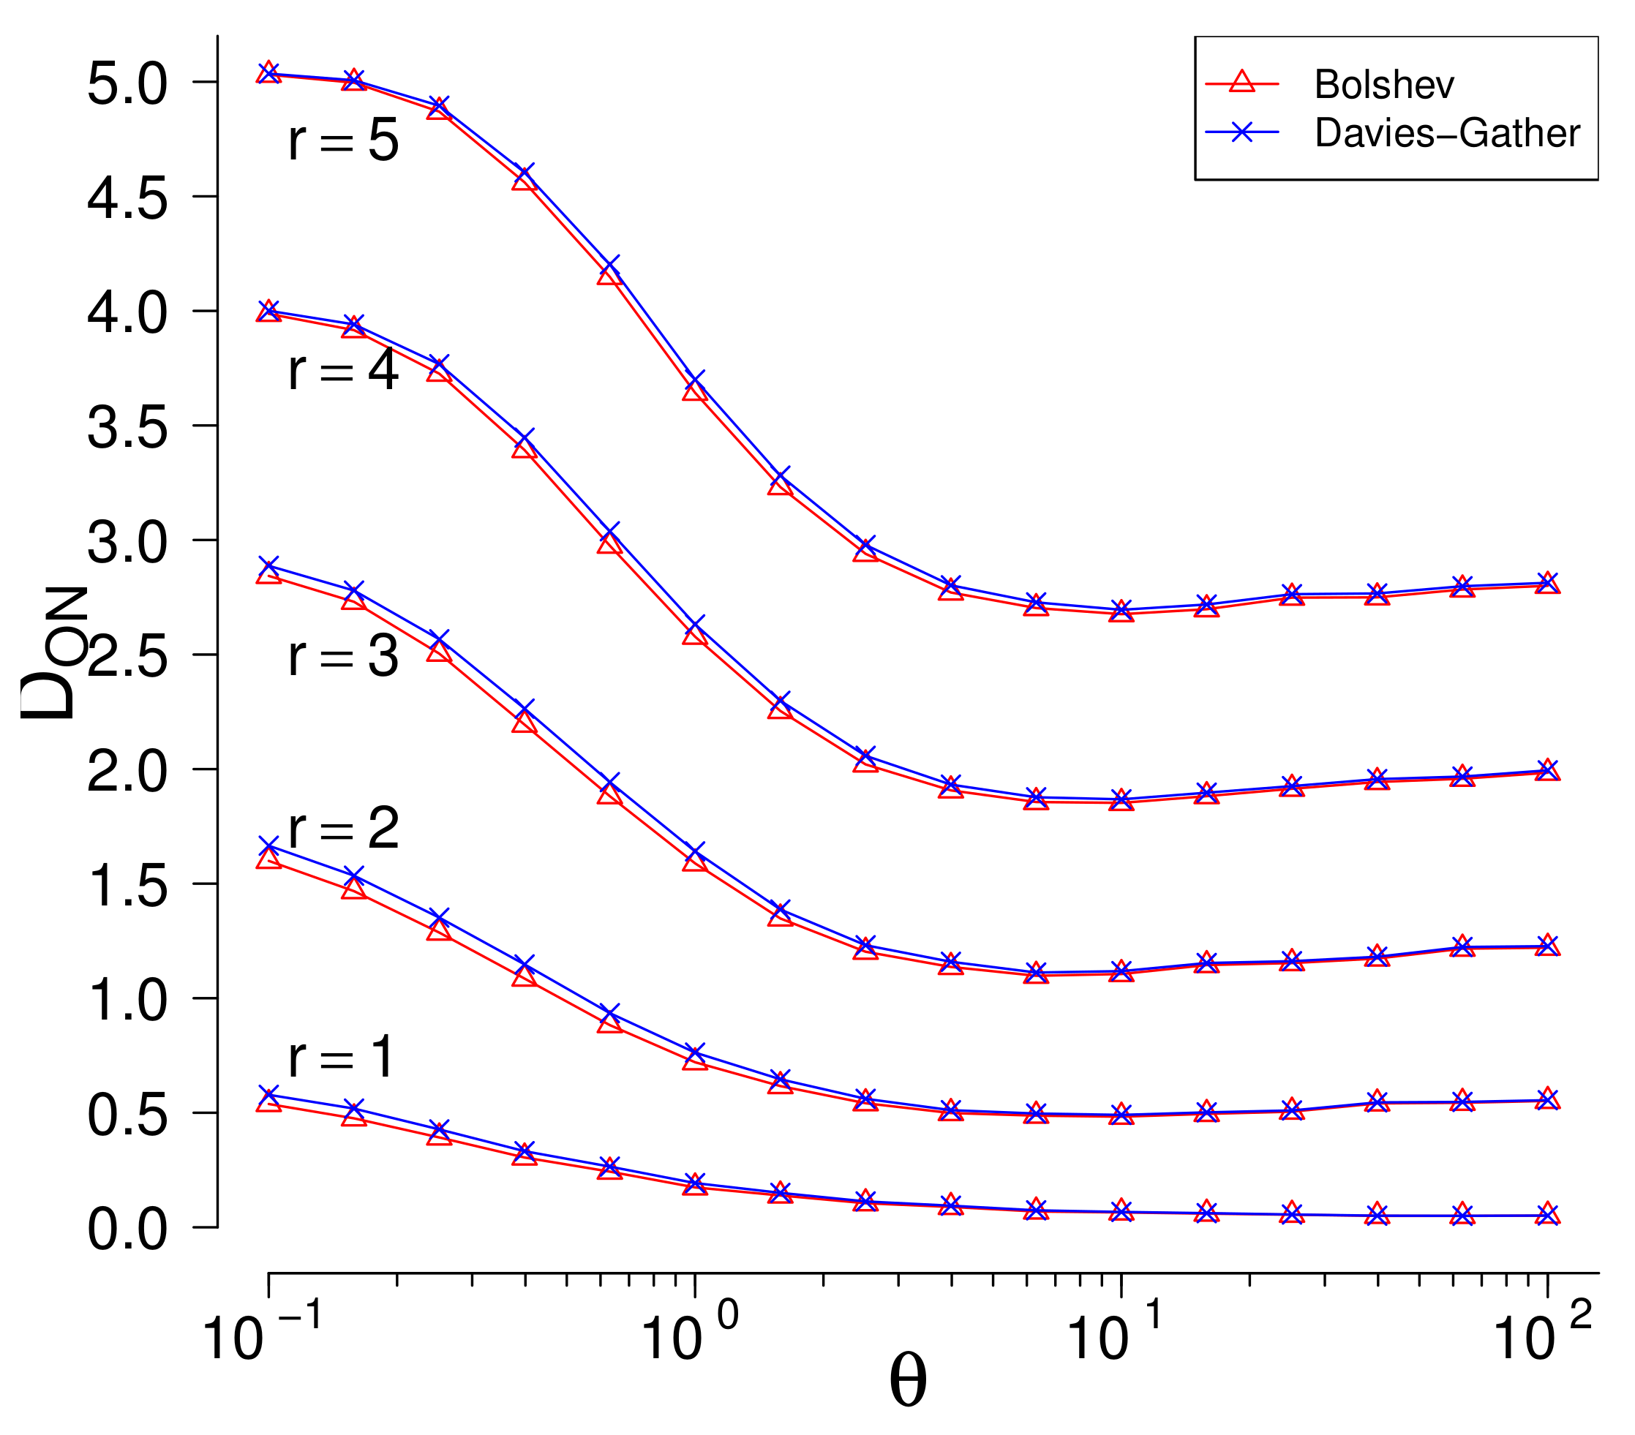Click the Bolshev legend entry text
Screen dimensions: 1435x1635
point(1383,85)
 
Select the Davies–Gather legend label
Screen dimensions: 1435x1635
point(1447,133)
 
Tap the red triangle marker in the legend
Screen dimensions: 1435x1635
point(1241,83)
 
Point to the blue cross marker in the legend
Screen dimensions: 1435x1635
point(1241,131)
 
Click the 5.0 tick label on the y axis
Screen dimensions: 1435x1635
point(127,84)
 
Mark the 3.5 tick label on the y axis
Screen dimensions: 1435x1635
point(127,428)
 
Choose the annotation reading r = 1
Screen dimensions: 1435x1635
point(342,1057)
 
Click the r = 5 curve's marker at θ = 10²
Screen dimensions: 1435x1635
point(1548,583)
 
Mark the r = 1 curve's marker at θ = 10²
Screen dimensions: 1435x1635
point(1548,1214)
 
